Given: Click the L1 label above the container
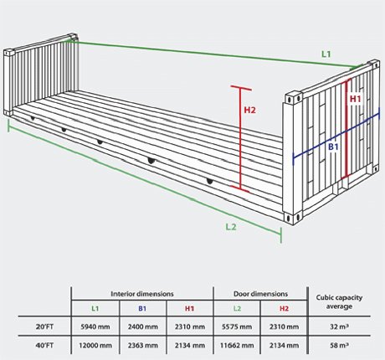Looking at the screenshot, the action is tap(326, 54).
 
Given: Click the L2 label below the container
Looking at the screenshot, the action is tap(231, 227).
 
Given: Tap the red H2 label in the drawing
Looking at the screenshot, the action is tap(249, 110).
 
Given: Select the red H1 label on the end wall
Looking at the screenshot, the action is tap(356, 99).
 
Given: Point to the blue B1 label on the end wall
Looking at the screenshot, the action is tap(333, 147).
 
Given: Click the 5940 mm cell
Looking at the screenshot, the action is tap(95, 327).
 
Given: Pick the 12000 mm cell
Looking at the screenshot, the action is tap(95, 346).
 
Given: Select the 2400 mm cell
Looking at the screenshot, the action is tap(142, 327).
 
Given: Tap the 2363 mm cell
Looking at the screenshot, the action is tap(142, 346).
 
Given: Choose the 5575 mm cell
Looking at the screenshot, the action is tap(237, 327).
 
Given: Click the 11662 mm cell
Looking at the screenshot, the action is tap(237, 346).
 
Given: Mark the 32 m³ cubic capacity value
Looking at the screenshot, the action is tap(339, 327).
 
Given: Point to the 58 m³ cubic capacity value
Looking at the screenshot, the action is tap(339, 345).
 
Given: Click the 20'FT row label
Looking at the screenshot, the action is tap(44, 327).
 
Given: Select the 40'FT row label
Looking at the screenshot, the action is tap(44, 346).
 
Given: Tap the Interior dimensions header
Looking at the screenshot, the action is tap(142, 294).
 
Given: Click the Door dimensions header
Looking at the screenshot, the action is tap(260, 294).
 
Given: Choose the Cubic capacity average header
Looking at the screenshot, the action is tap(339, 301).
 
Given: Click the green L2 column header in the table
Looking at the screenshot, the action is tap(237, 308).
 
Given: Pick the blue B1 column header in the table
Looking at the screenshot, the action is tap(142, 308).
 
